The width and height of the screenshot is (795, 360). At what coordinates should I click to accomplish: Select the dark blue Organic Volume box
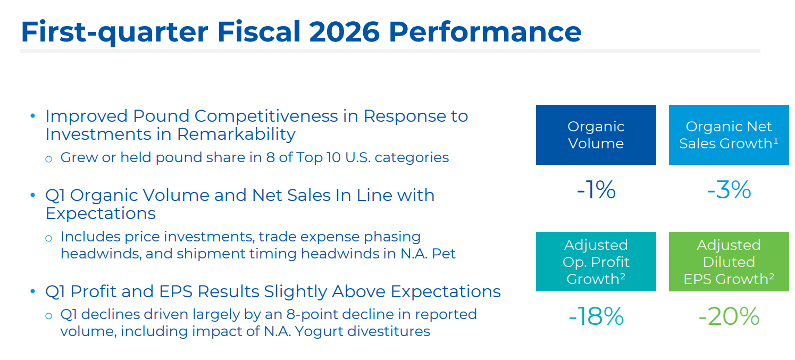596,135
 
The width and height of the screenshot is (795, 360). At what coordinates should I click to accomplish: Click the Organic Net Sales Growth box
729,135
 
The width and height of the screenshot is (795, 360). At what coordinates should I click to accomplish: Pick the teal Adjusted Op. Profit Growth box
596,262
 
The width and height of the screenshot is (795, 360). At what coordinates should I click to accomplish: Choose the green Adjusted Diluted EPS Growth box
729,262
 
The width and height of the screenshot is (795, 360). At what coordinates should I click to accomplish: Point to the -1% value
596,190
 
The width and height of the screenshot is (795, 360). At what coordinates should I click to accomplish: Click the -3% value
729,190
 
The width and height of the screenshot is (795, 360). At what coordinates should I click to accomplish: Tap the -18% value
596,317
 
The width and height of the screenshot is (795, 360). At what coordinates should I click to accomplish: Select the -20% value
729,317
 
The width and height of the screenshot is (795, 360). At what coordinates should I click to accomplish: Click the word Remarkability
236,134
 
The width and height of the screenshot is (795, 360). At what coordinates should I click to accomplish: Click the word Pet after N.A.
444,254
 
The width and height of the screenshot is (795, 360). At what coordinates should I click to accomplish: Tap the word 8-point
296,314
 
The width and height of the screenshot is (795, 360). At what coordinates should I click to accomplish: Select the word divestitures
386,331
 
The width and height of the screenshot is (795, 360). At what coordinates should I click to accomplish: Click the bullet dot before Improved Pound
33,116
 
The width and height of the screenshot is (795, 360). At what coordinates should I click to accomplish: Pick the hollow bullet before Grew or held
49,158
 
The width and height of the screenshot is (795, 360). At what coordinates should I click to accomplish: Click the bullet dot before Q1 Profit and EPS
33,292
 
